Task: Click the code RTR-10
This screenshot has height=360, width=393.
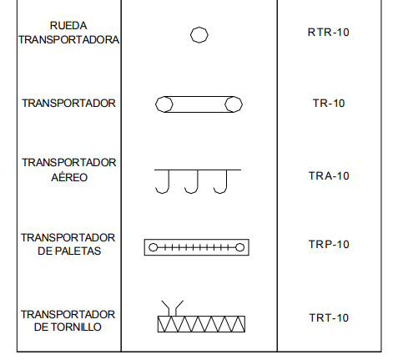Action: click(x=328, y=33)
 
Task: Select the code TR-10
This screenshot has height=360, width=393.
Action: click(x=329, y=104)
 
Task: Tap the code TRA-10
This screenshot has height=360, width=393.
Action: click(x=329, y=176)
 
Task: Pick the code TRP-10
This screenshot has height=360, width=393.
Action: click(x=329, y=244)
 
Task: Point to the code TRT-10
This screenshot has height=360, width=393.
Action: click(x=329, y=317)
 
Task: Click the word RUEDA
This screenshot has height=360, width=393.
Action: click(x=68, y=26)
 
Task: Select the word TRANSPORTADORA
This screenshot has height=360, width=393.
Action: click(x=69, y=40)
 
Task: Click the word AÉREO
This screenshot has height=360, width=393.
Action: click(x=69, y=177)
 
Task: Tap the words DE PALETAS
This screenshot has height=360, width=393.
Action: click(x=69, y=251)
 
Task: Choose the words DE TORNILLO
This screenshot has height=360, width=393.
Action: click(x=68, y=327)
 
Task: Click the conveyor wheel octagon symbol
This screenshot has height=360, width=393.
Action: click(x=199, y=27)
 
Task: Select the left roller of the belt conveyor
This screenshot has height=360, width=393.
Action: click(x=156, y=104)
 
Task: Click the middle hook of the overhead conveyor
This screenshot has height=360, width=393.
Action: click(x=197, y=182)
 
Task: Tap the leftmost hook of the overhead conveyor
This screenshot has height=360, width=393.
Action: click(x=169, y=182)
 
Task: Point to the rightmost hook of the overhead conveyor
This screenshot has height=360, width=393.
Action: click(x=226, y=182)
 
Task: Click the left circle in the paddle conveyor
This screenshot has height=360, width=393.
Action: click(x=154, y=243)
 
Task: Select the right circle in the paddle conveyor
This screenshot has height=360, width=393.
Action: click(x=240, y=243)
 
